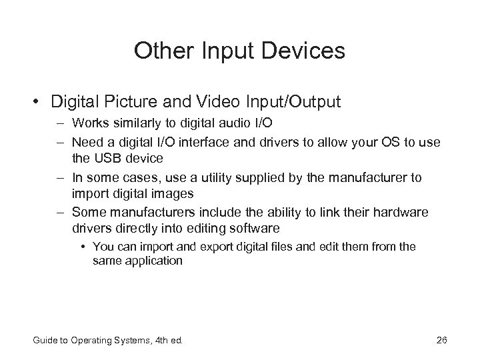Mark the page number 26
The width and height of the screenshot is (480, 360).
click(x=441, y=341)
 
